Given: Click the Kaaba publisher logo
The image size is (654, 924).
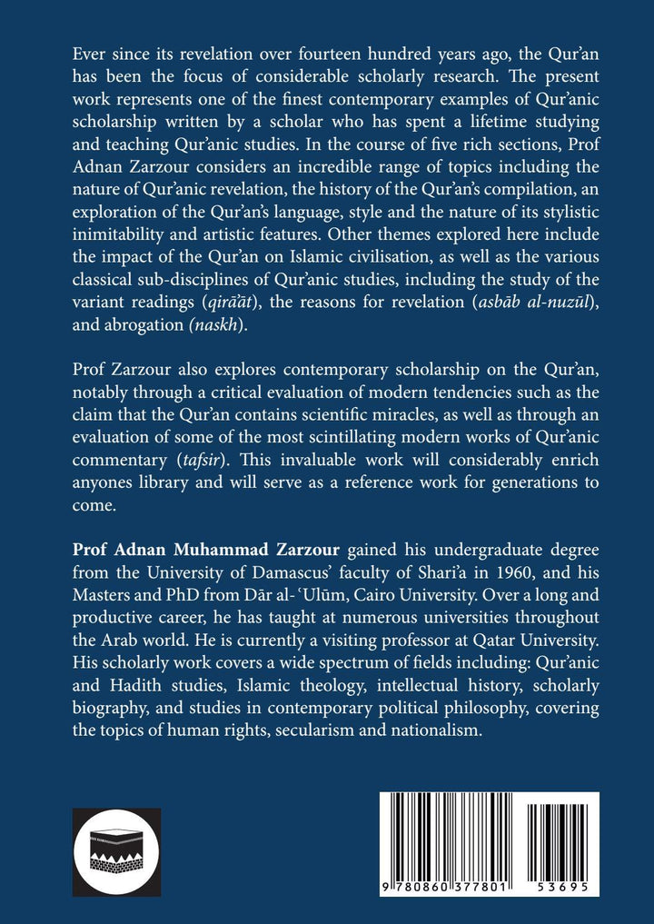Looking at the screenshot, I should pyautogui.click(x=115, y=851).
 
